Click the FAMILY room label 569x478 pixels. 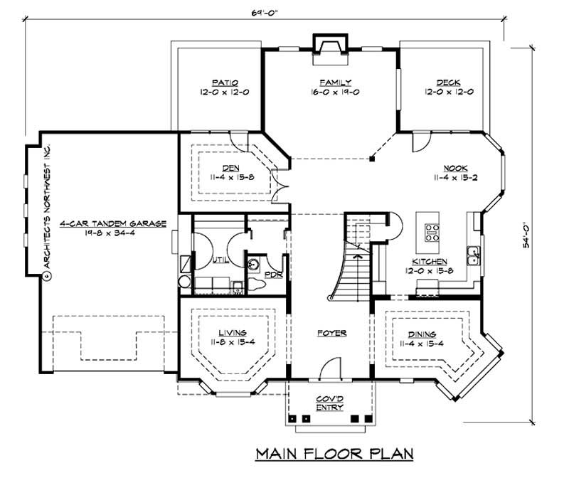tap(330, 82)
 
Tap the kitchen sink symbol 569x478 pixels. tap(472, 252)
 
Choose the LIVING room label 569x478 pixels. tap(233, 332)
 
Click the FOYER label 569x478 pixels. tap(330, 332)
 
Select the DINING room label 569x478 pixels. tap(422, 334)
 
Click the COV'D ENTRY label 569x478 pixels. tap(329, 403)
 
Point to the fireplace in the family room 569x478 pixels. tap(330, 45)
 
